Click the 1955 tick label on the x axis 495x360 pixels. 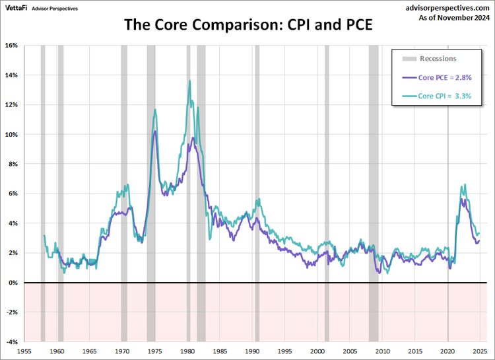pos(24,352)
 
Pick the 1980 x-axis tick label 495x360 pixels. pos(187,352)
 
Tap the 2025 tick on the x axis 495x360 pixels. pos(480,352)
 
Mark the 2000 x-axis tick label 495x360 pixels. pos(317,352)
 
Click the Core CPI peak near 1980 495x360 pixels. pos(190,81)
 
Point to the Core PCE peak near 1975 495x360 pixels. pos(155,131)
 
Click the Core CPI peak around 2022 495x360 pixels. pos(465,185)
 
